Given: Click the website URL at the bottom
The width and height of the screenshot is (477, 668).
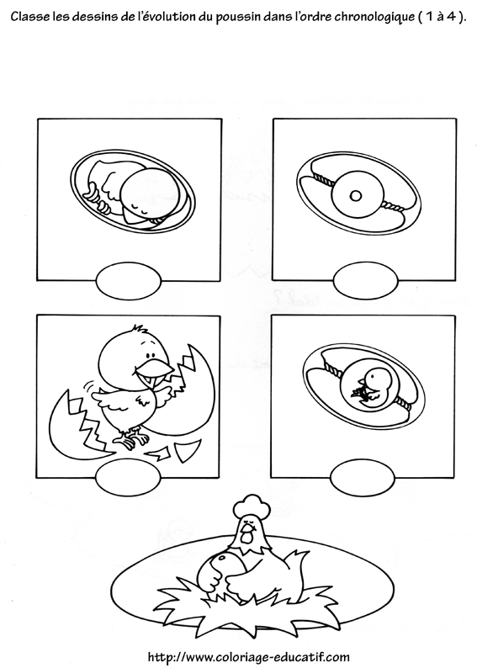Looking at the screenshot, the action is click(248, 656).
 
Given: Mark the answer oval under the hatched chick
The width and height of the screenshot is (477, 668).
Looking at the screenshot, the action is click(128, 477).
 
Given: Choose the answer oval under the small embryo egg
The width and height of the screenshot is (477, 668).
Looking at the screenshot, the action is click(362, 477).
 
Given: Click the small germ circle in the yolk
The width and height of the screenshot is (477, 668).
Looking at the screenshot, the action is click(356, 196).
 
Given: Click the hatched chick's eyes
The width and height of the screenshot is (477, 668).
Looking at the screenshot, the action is click(150, 355).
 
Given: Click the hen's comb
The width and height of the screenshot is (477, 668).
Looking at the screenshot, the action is click(252, 506).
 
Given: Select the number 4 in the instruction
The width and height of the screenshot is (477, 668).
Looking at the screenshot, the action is click(451, 17).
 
